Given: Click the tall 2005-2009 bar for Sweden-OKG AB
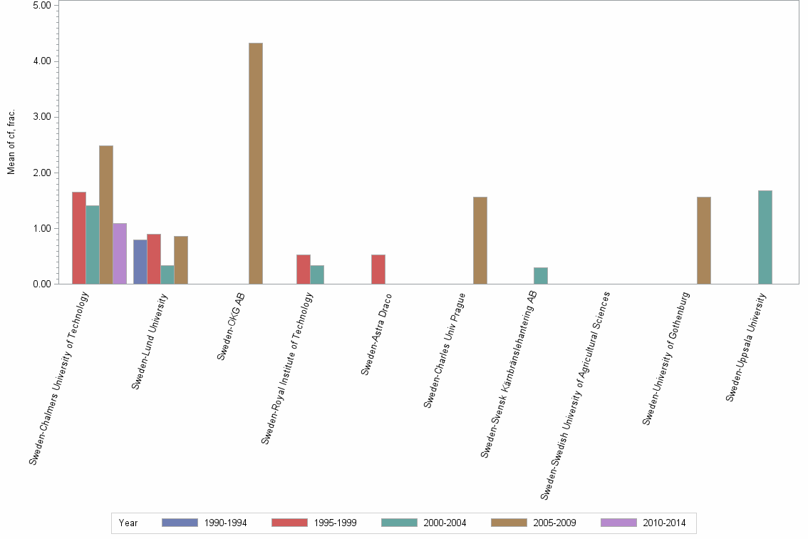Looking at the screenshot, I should [255, 163].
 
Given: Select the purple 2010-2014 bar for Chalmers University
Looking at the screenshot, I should [120, 254].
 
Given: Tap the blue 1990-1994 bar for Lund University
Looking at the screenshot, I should [140, 262].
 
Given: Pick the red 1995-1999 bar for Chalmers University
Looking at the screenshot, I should [78, 237].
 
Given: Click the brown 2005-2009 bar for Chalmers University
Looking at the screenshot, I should [106, 215].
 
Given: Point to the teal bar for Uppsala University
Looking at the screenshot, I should [765, 237].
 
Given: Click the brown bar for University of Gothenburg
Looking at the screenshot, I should [703, 240].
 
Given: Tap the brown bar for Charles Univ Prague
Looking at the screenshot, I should [480, 240].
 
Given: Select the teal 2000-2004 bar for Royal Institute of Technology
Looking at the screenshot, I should [317, 274].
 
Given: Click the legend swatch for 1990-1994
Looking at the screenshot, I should [180, 523].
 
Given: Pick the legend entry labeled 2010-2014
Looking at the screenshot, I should [663, 523].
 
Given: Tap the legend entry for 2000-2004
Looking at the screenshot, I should [444, 523].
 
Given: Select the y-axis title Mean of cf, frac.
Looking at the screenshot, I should [11, 142].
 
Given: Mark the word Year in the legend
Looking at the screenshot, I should [128, 523].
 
